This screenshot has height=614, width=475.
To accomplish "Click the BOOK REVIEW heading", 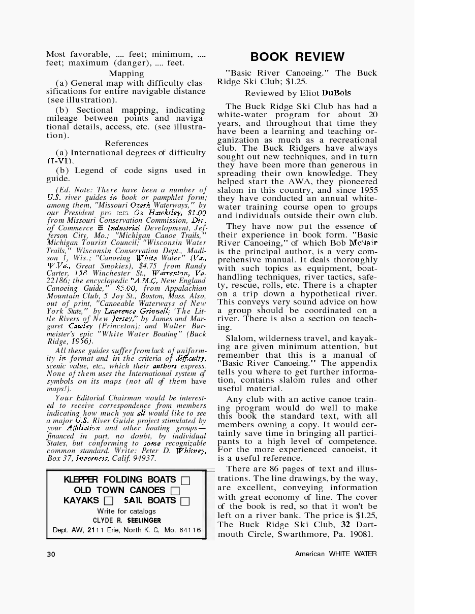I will (297, 57).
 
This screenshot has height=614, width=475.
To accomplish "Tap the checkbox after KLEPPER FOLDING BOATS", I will (185, 480).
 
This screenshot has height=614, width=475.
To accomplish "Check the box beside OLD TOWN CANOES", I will (175, 491).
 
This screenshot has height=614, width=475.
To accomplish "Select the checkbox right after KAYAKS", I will (109, 501).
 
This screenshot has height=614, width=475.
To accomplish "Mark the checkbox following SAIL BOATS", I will (185, 501).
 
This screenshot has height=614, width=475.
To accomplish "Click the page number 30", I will (51, 554).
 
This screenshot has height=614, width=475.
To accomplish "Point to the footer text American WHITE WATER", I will (336, 554).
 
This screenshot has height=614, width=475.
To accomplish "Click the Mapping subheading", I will (126, 74).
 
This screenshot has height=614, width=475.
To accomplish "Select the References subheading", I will (126, 144).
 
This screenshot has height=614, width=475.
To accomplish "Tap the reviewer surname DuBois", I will (336, 93).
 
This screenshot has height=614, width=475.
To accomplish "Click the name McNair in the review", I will (363, 243).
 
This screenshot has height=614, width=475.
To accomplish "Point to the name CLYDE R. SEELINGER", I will (126, 520).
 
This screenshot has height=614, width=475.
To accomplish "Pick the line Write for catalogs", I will (126, 511).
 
